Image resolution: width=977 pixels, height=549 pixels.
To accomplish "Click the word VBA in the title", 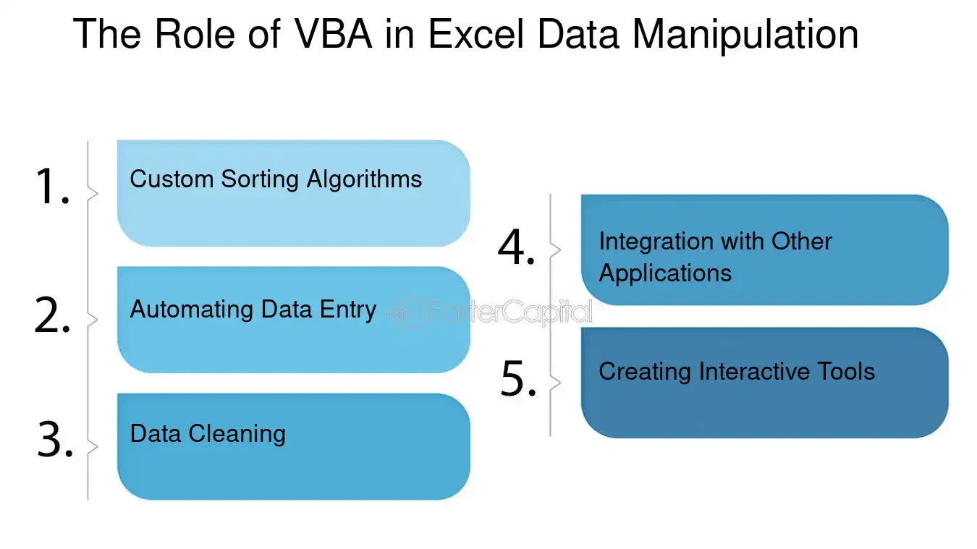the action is (x=333, y=34).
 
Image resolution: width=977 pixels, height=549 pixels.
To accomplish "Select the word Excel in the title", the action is (x=476, y=34).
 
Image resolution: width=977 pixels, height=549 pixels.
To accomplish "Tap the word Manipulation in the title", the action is (x=745, y=35).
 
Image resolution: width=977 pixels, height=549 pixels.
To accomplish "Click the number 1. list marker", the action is (x=52, y=186).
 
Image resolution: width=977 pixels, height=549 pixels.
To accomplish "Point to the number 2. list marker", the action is (x=52, y=315).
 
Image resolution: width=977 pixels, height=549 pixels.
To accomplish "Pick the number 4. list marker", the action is (x=516, y=247).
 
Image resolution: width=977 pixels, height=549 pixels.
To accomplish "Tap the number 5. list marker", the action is (x=518, y=378).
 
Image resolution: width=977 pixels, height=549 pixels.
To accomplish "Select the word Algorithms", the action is (x=364, y=180).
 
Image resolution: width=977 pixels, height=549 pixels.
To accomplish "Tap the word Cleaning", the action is (x=237, y=435).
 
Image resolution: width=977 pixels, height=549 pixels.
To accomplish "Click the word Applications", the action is (x=665, y=274).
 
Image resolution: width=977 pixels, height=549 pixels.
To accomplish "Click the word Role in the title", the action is (x=195, y=34).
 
